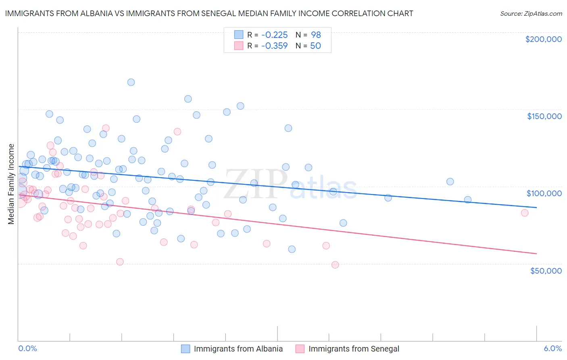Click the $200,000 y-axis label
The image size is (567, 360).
543,39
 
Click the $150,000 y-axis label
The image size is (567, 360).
544,116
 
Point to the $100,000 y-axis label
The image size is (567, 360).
544,193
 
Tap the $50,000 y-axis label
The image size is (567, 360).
546,270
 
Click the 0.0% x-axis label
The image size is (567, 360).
27,348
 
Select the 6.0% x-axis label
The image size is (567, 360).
552,348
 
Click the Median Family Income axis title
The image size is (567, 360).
11,184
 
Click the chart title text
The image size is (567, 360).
209,13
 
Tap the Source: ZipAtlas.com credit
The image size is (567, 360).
531,13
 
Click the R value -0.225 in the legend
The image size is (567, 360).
274,35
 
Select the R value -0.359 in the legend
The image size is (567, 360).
274,46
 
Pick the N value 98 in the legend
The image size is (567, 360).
316,35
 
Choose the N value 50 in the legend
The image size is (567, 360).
315,46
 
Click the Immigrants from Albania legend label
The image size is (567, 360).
238,349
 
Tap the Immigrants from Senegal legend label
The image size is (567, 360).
354,349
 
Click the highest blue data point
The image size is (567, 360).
131,82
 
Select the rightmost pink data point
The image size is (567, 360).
525,213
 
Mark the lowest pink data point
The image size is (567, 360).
335,265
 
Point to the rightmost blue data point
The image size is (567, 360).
468,200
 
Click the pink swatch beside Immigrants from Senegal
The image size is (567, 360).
300,349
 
